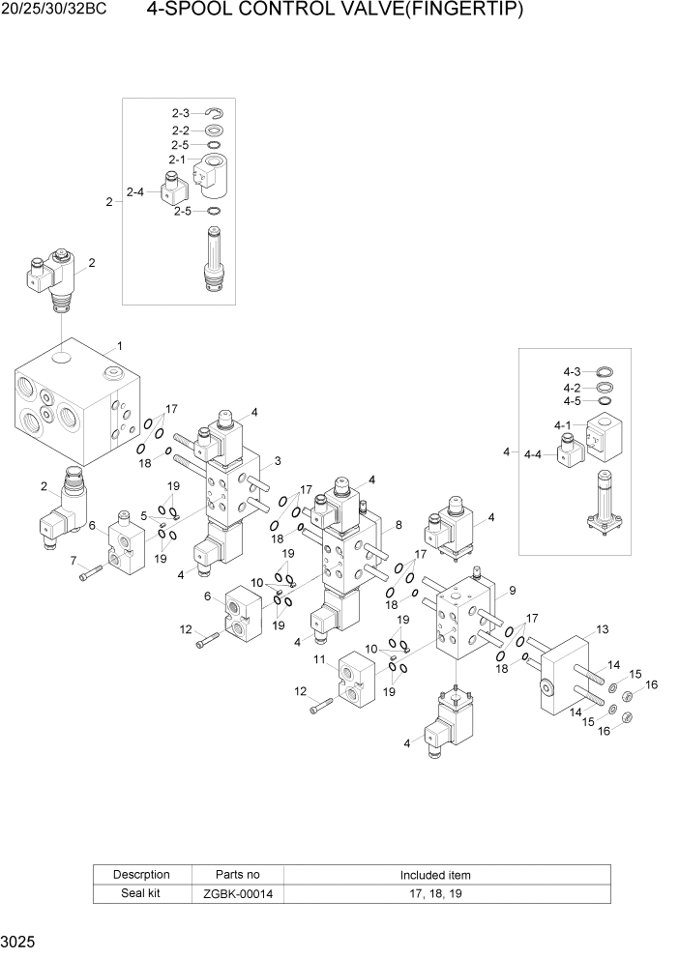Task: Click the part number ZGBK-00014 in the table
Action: coord(238,894)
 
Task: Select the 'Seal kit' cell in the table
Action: coord(140,894)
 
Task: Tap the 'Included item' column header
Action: coord(435,875)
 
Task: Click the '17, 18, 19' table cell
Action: coord(435,894)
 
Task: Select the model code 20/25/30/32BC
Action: coord(55,12)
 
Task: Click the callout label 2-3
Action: coord(181,114)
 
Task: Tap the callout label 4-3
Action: coord(572,372)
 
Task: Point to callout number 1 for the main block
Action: coord(119,345)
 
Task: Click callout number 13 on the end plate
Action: coord(603,629)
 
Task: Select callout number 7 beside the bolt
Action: coord(73,561)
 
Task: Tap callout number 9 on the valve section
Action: coord(512,590)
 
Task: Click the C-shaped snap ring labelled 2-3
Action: coord(215,114)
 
